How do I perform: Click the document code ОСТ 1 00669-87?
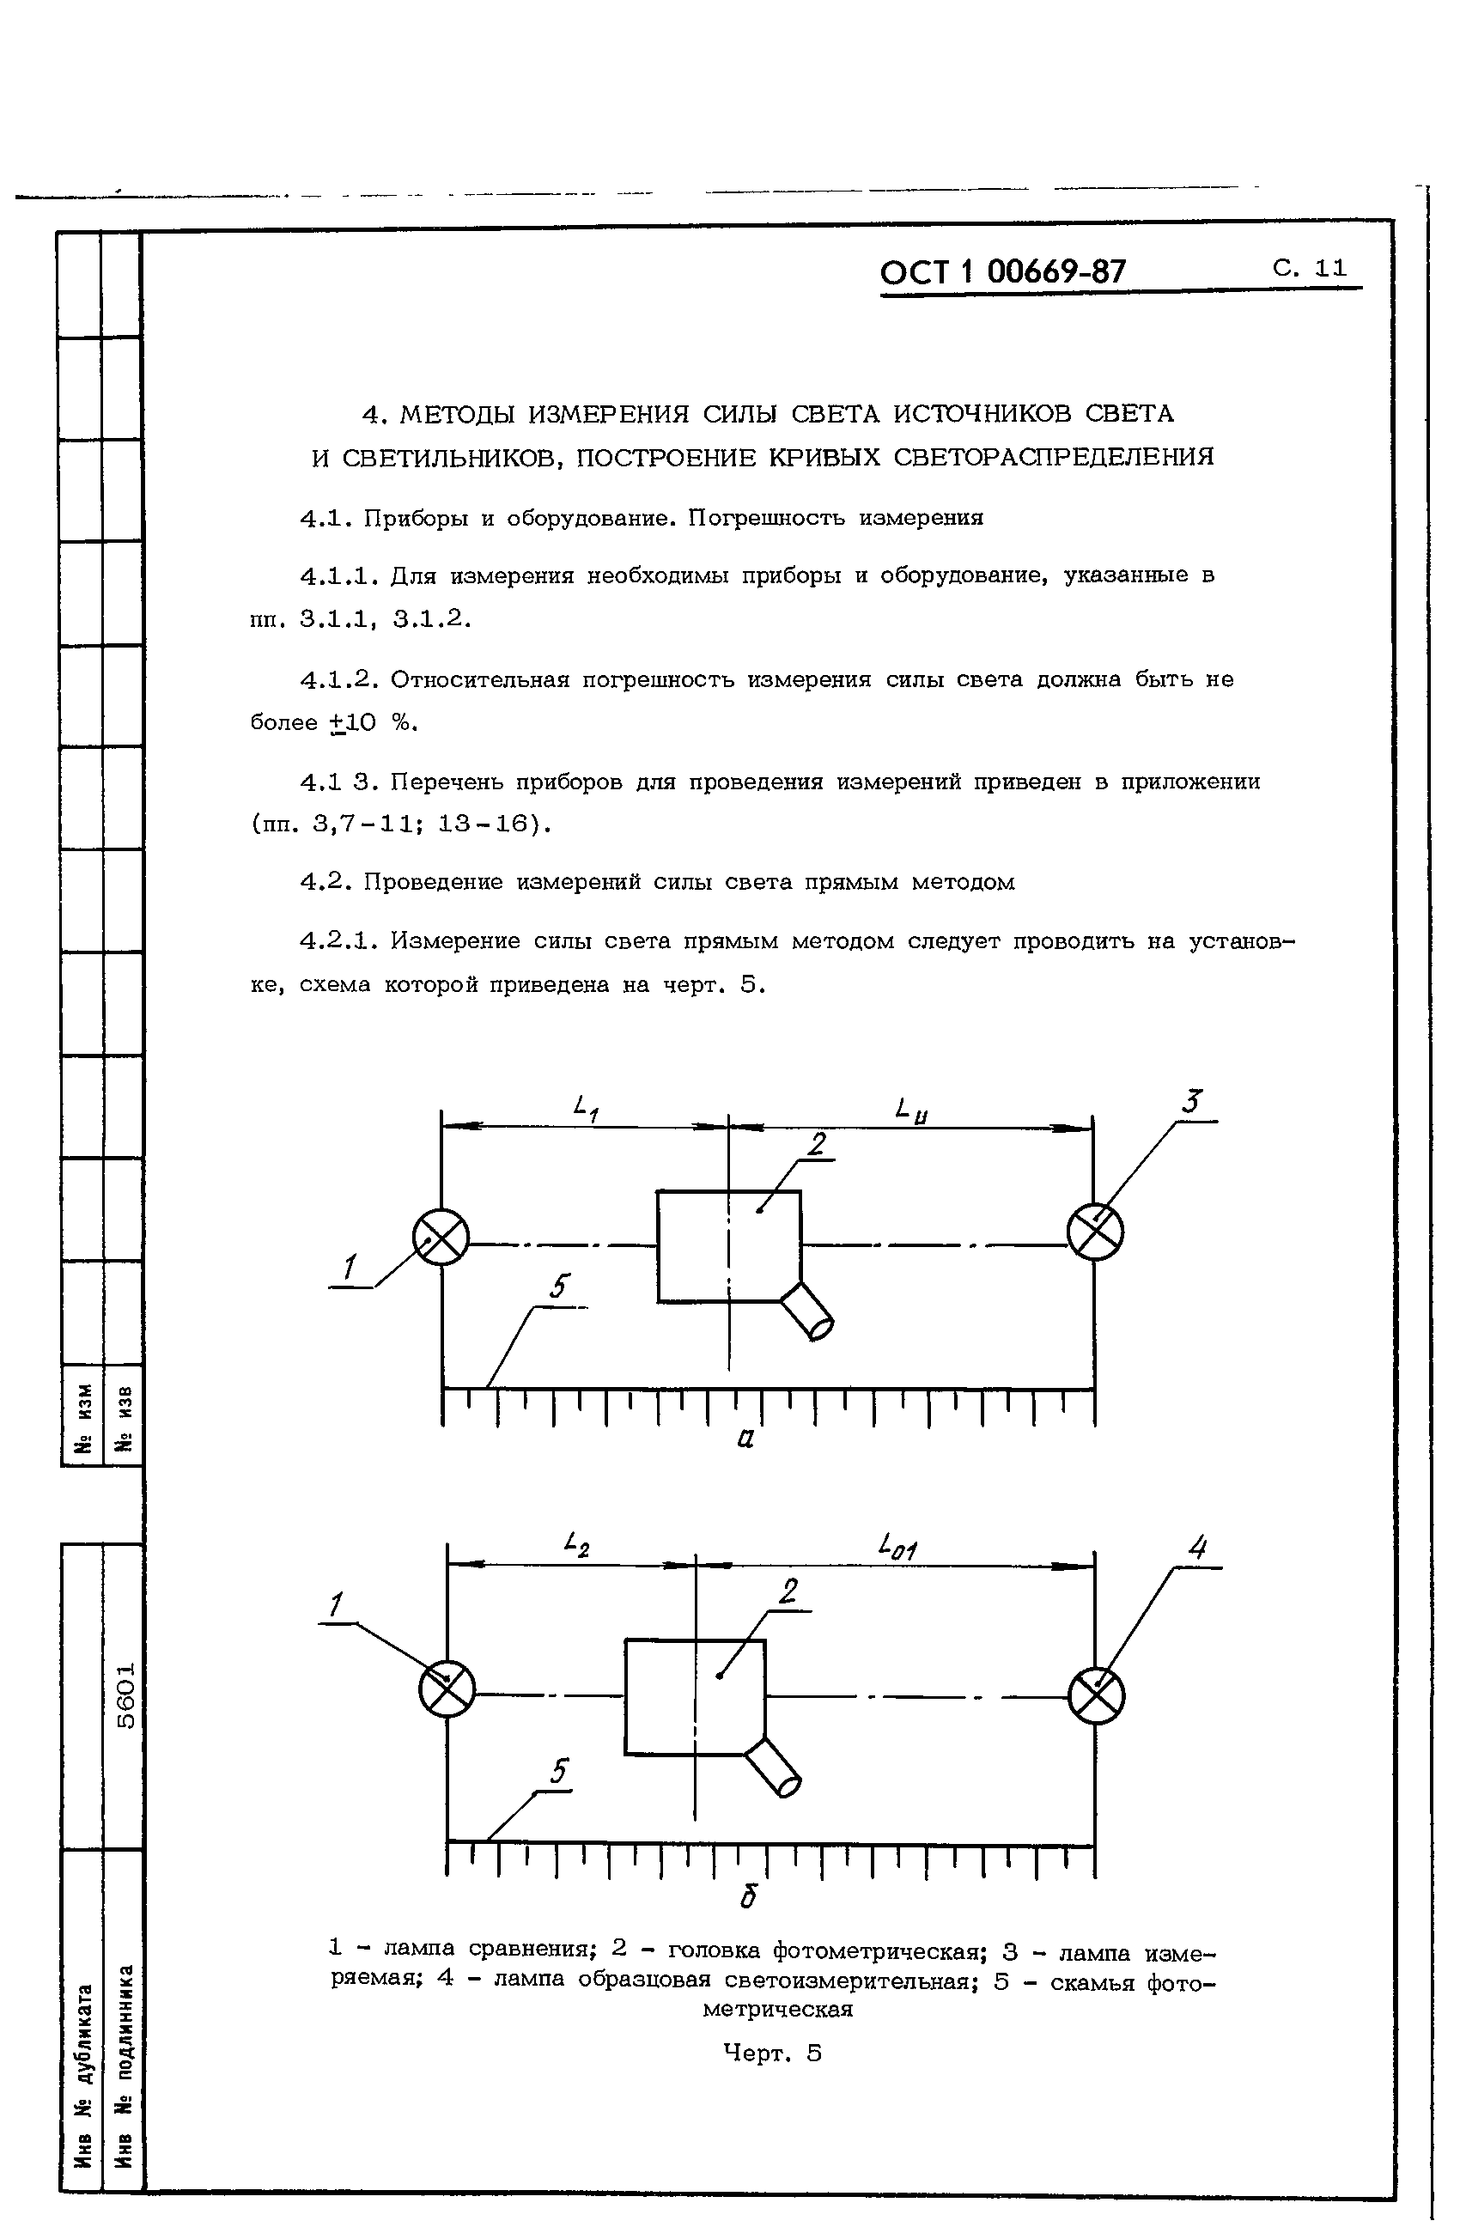[x=1001, y=272]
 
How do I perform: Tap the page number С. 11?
[x=1310, y=267]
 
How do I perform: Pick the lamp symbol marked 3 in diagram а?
[x=1095, y=1231]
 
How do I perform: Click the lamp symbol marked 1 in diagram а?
[x=441, y=1237]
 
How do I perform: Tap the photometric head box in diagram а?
[x=728, y=1245]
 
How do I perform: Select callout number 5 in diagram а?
[x=560, y=1287]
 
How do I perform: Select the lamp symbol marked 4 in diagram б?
[x=1096, y=1696]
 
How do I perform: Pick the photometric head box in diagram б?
[x=694, y=1696]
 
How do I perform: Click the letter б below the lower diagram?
[x=748, y=1897]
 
